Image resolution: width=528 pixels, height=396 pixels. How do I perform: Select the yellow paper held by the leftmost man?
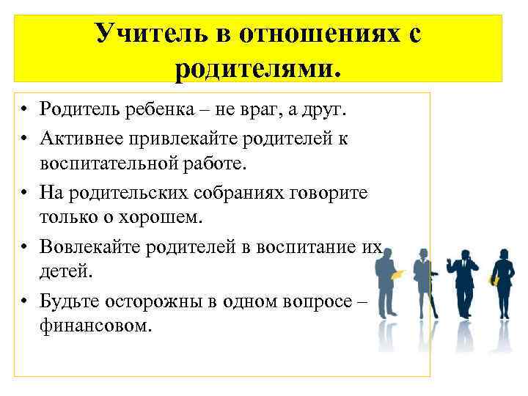[398, 275]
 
